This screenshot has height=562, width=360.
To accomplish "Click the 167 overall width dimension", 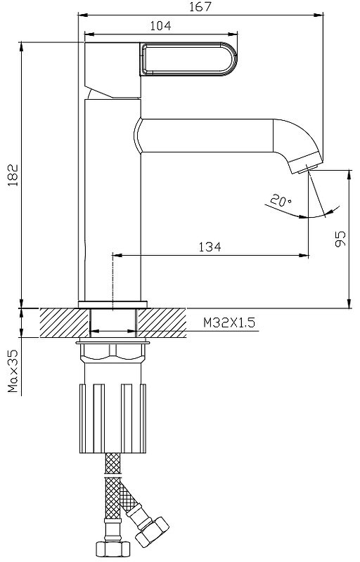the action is click(x=201, y=7).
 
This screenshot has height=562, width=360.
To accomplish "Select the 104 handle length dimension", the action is click(x=160, y=26).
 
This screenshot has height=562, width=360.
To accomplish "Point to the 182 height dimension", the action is click(x=13, y=175).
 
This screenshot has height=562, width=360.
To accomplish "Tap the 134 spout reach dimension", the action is click(x=210, y=247).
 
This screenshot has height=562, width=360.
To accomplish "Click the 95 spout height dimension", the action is click(x=340, y=238).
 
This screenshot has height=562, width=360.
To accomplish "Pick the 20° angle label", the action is click(x=281, y=200).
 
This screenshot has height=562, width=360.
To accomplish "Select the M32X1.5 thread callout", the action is click(x=229, y=322).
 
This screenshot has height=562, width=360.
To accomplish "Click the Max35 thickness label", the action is click(x=13, y=372).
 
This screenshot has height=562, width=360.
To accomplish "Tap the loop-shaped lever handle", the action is click(x=189, y=59).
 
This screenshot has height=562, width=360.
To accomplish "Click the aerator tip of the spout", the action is click(x=306, y=163).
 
